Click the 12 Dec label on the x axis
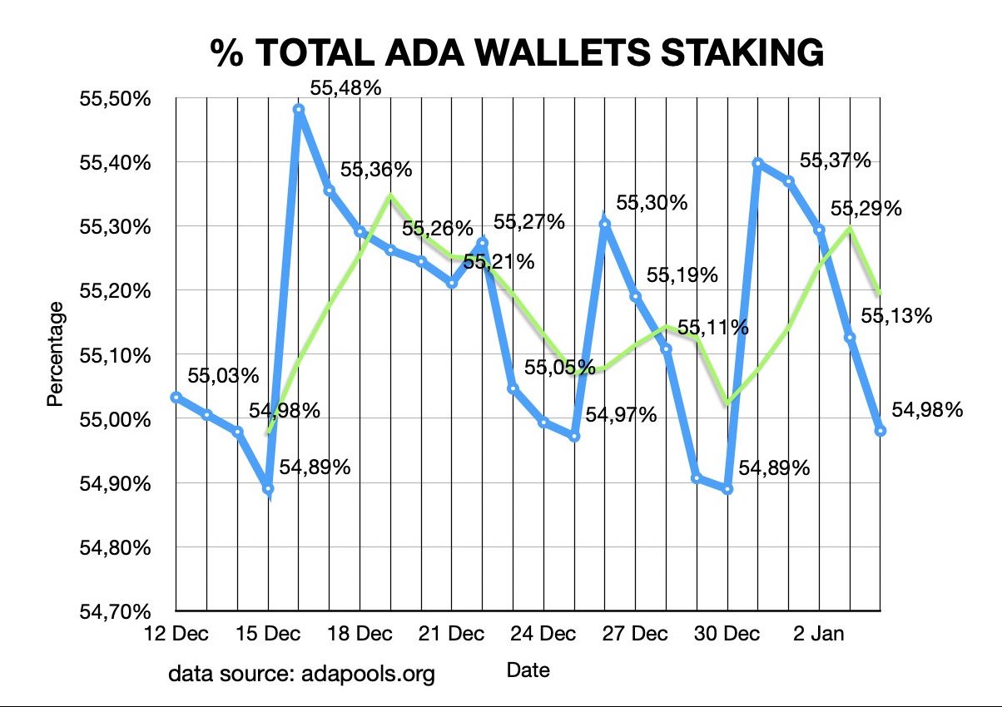[x=176, y=635]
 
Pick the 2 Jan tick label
[x=819, y=635]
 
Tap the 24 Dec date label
[x=543, y=635]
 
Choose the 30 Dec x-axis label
[x=727, y=635]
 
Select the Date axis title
[x=528, y=668]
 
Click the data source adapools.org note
[x=301, y=672]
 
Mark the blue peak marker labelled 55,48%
[x=299, y=109]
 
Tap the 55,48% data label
[x=345, y=86]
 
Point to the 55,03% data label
[x=223, y=375]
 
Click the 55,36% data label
[x=376, y=170]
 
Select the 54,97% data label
[x=622, y=413]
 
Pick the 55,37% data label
[x=835, y=161]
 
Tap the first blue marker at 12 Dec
[x=176, y=397]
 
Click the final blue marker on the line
[x=880, y=430]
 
